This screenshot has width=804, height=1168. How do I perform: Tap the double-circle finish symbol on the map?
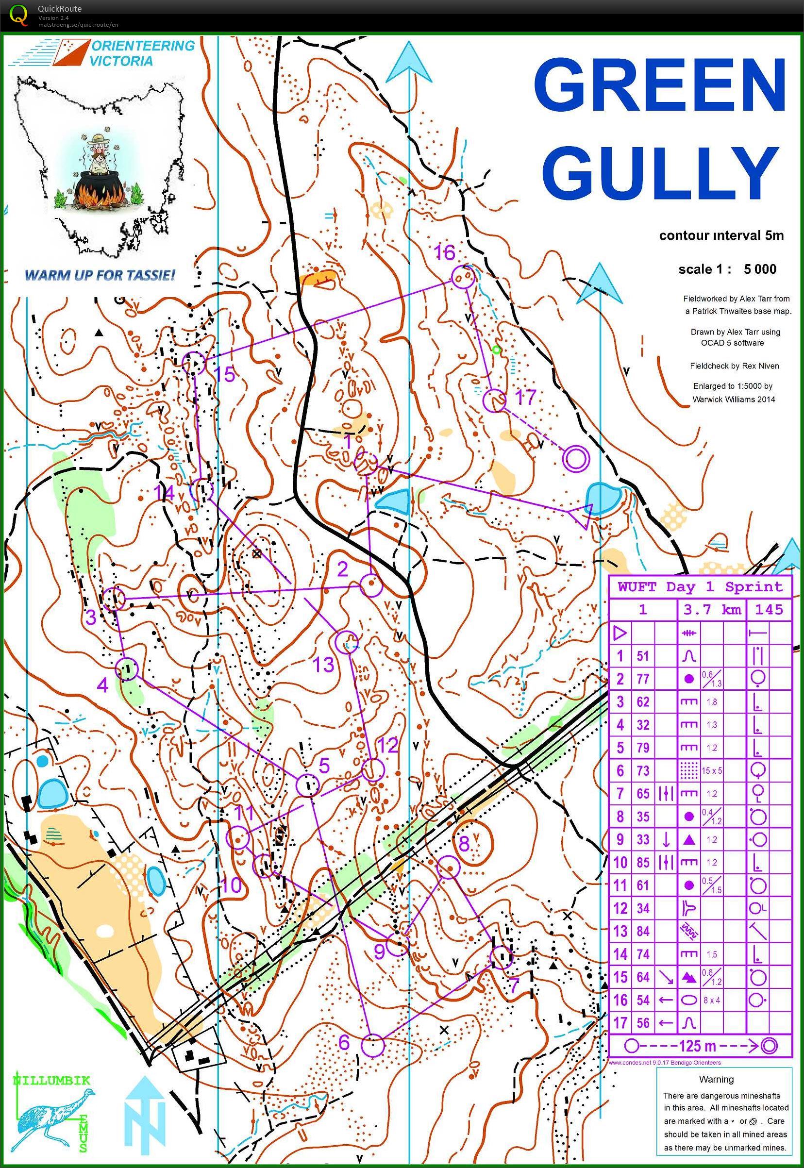tap(576, 459)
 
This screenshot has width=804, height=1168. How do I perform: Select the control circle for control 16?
tap(463, 277)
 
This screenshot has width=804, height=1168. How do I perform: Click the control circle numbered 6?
tap(373, 1045)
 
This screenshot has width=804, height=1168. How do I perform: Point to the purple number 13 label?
tap(324, 664)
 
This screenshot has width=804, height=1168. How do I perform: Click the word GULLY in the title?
tap(660, 174)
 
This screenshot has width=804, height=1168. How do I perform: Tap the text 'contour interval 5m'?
tap(721, 236)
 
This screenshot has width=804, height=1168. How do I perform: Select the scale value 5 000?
tap(760, 269)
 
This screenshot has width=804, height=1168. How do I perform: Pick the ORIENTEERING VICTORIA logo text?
tap(142, 53)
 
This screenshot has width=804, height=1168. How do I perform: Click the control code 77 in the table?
tap(642, 679)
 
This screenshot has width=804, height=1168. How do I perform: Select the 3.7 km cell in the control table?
tap(712, 610)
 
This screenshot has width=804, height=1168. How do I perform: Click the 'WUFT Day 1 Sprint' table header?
tap(700, 587)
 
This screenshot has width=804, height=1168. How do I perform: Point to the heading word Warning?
tap(716, 1079)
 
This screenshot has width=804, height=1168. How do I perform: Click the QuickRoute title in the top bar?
tap(59, 9)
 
